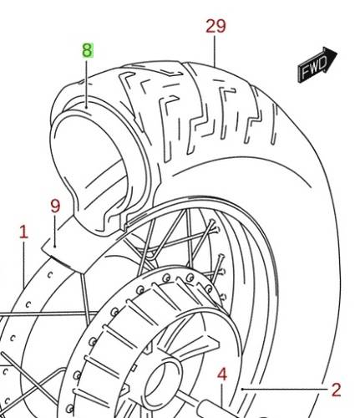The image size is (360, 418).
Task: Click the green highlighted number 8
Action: tap(88, 51)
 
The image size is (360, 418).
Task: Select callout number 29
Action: tap(215, 27)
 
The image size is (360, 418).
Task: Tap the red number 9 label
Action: tap(55, 206)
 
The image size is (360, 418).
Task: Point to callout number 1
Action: tap(23, 232)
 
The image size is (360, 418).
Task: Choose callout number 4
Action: tap(222, 375)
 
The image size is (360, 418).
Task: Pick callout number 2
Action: tap(336, 390)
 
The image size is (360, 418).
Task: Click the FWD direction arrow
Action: tap(317, 64)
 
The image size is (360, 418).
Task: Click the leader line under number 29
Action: tap(215, 51)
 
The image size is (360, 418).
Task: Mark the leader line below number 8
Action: tap(87, 84)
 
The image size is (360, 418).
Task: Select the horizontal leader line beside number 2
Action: tap(285, 389)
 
